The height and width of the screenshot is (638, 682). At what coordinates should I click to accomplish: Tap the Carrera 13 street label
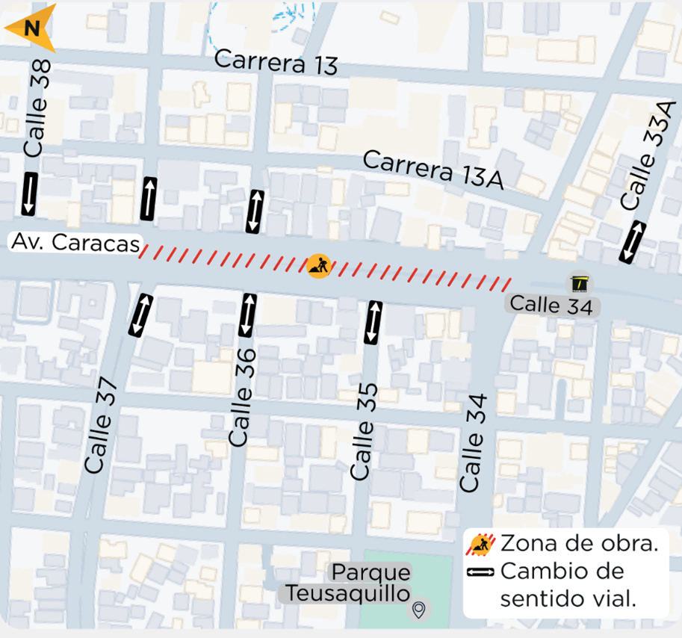[276, 63]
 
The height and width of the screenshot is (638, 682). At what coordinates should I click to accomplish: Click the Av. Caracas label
[75, 243]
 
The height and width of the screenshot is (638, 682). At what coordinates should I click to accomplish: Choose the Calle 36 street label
[243, 397]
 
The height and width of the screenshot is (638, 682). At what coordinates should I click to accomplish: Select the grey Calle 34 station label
[551, 305]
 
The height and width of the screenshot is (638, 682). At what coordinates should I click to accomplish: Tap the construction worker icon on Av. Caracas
[319, 265]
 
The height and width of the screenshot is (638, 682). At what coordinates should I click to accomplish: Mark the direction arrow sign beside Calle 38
[29, 193]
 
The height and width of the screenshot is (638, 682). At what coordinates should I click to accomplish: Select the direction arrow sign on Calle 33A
[633, 242]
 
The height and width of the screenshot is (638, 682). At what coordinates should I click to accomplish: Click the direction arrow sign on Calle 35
[372, 322]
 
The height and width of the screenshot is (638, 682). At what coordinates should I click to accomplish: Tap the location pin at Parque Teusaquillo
[420, 610]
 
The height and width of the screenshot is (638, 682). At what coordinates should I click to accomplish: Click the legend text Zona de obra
[579, 544]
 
